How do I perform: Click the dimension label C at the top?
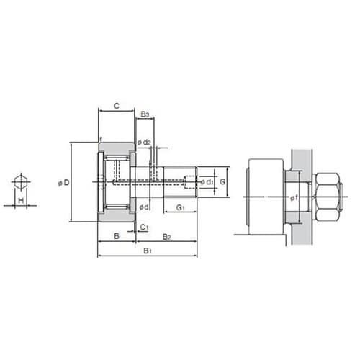pyautogui.click(x=117, y=106)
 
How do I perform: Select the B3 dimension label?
pyautogui.click(x=145, y=114)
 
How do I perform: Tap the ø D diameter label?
pyautogui.click(x=63, y=183)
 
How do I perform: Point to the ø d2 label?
pyautogui.click(x=144, y=143)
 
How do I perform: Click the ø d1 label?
pyautogui.click(x=207, y=182)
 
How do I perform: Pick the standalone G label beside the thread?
pyautogui.click(x=222, y=182)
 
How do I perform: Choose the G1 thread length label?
pyautogui.click(x=180, y=207)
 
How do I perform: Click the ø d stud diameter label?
pyautogui.click(x=144, y=207)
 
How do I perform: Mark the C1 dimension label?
pyautogui.click(x=144, y=227)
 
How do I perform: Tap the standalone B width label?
pyautogui.click(x=117, y=236)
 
